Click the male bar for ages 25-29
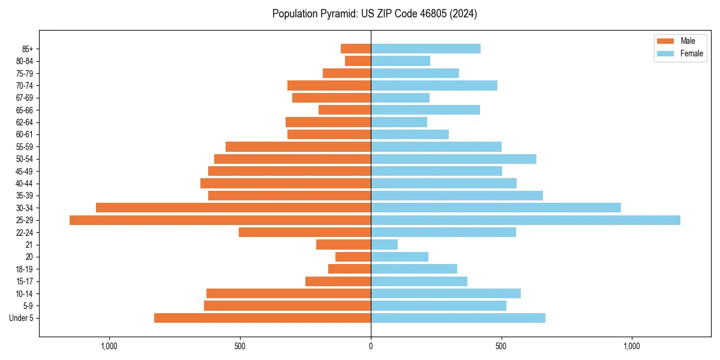click(220, 220)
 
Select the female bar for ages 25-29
click(526, 220)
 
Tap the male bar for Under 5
click(262, 318)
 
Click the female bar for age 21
click(384, 245)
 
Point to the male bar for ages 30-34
click(233, 208)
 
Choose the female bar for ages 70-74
click(434, 85)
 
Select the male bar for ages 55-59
click(298, 146)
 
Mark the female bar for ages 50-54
click(454, 159)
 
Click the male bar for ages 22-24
click(305, 232)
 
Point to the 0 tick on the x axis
click(371, 346)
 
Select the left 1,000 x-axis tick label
click(109, 346)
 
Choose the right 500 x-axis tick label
click(502, 346)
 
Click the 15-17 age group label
click(25, 281)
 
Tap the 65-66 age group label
click(25, 110)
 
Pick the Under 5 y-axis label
click(22, 318)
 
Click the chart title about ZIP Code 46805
click(374, 14)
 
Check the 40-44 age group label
click(25, 184)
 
